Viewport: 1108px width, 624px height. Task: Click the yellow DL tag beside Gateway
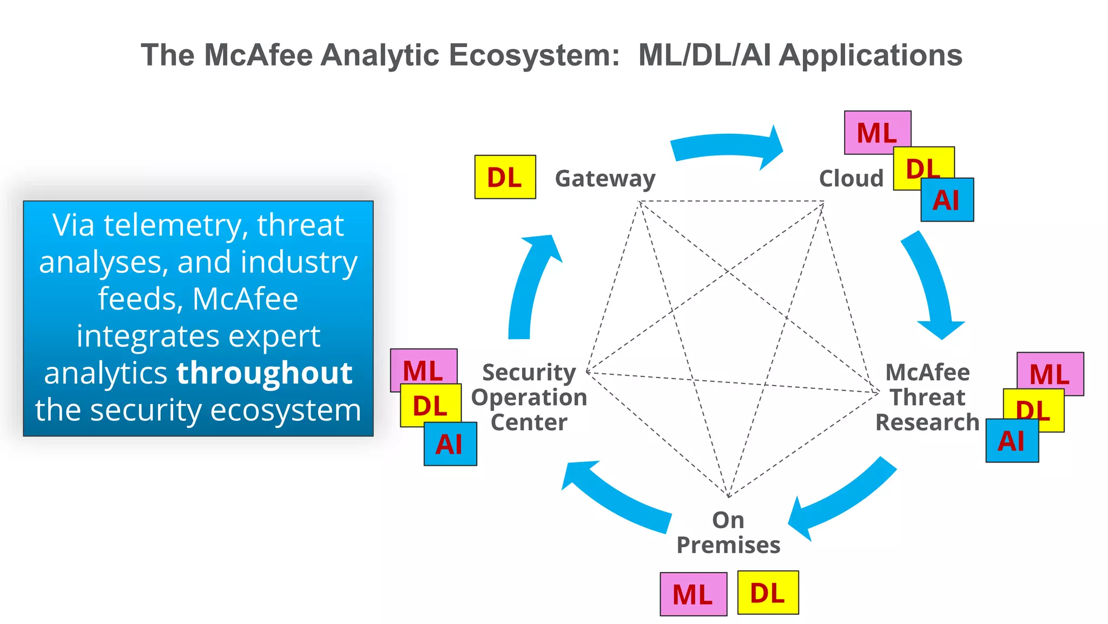[x=505, y=177]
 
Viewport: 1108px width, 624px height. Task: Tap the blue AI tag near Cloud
[x=947, y=200]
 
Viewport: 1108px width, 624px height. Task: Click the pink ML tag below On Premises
[x=693, y=594]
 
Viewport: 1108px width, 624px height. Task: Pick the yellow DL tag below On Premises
[x=768, y=593]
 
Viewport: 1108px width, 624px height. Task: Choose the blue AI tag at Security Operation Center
[x=450, y=445]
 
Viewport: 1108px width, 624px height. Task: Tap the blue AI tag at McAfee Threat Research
[x=1011, y=441]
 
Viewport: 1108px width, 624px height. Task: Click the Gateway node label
[x=605, y=179]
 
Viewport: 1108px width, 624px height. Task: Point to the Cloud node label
[x=851, y=179]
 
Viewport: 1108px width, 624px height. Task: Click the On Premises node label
[x=728, y=532]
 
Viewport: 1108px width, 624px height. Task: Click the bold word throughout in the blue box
[x=265, y=373]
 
